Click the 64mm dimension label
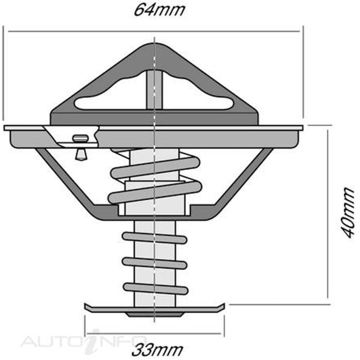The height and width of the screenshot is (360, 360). [x=159, y=10]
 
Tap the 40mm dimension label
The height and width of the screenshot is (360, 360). [x=348, y=213]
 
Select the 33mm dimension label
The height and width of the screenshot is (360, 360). [x=157, y=350]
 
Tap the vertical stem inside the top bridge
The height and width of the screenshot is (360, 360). [x=154, y=90]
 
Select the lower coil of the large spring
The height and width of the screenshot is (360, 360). [x=155, y=192]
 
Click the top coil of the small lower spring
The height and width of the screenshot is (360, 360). [x=154, y=238]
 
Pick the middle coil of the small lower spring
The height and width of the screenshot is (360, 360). [x=154, y=263]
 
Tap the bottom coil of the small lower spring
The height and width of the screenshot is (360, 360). [x=156, y=288]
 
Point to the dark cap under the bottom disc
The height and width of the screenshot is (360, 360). [x=154, y=315]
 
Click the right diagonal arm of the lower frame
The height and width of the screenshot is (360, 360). [x=244, y=176]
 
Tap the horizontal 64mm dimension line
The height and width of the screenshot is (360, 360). [x=154, y=31]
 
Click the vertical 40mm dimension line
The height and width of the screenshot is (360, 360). [x=328, y=215]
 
